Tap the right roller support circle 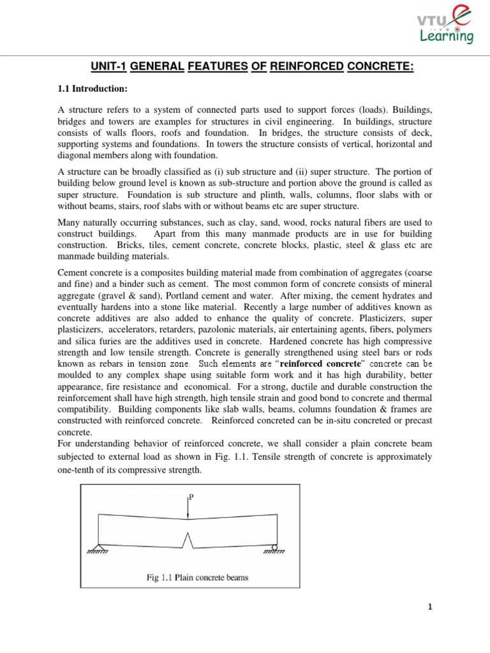point(274,547)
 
